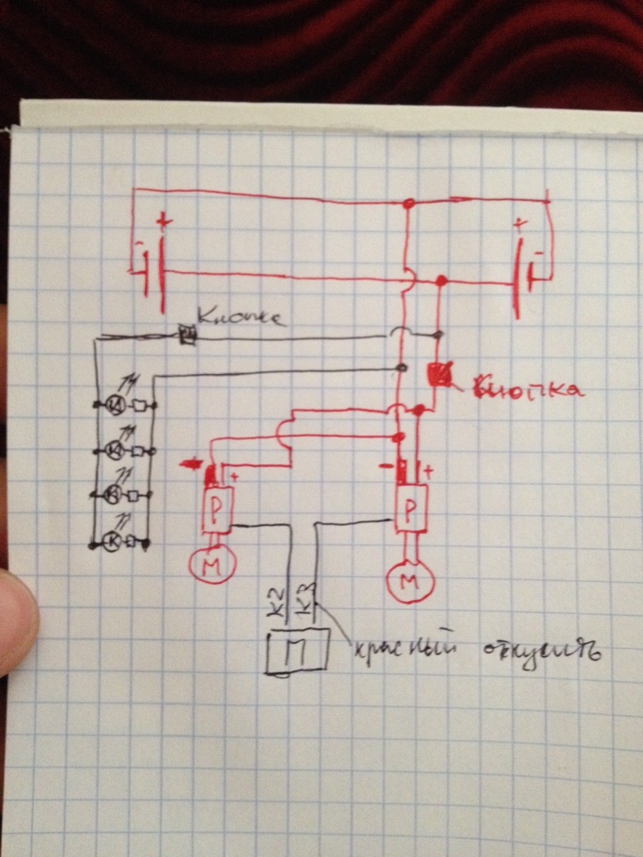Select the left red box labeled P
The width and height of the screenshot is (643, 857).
click(218, 507)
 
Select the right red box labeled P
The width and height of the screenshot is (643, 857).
click(411, 508)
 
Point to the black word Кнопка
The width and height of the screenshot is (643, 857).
click(240, 316)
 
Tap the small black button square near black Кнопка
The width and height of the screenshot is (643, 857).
click(188, 336)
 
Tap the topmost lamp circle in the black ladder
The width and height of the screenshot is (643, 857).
click(116, 406)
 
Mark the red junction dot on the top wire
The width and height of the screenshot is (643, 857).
click(409, 204)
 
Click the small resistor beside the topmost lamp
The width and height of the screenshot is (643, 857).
click(140, 406)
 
